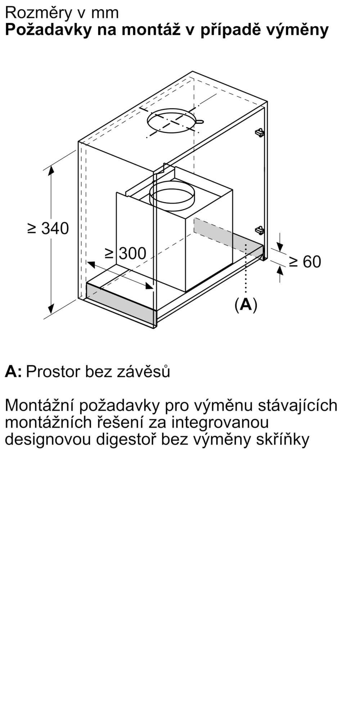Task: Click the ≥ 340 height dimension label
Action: [48, 228]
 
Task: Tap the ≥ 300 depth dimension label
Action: [126, 253]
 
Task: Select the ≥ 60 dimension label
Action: [305, 262]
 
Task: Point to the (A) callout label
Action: [246, 305]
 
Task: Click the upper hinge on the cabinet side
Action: [260, 132]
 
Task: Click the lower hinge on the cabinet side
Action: [259, 230]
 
